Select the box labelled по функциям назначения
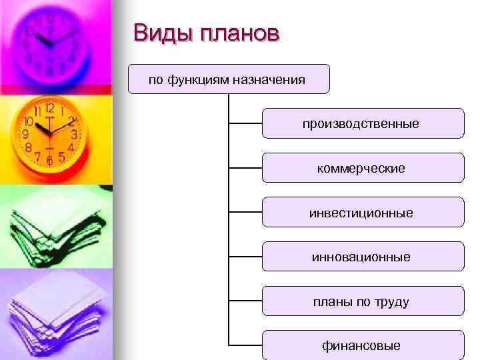click(x=229, y=79)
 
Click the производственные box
click(x=362, y=123)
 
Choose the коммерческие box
click(x=362, y=168)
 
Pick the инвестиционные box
click(x=362, y=213)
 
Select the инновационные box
click(x=362, y=257)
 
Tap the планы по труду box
click(x=362, y=301)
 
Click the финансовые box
click(x=362, y=345)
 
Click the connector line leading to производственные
click(x=245, y=123)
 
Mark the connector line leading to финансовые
click(x=245, y=345)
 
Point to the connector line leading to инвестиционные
click(x=245, y=213)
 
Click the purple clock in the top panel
click(x=52, y=41)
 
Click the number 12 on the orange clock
click(x=50, y=108)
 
